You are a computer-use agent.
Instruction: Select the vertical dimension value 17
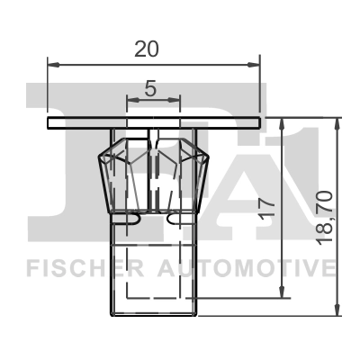tap(265, 205)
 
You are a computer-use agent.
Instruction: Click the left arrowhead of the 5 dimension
tap(130, 100)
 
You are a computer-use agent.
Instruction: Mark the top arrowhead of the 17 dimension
tap(283, 122)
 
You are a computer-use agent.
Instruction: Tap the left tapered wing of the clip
tap(114, 175)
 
